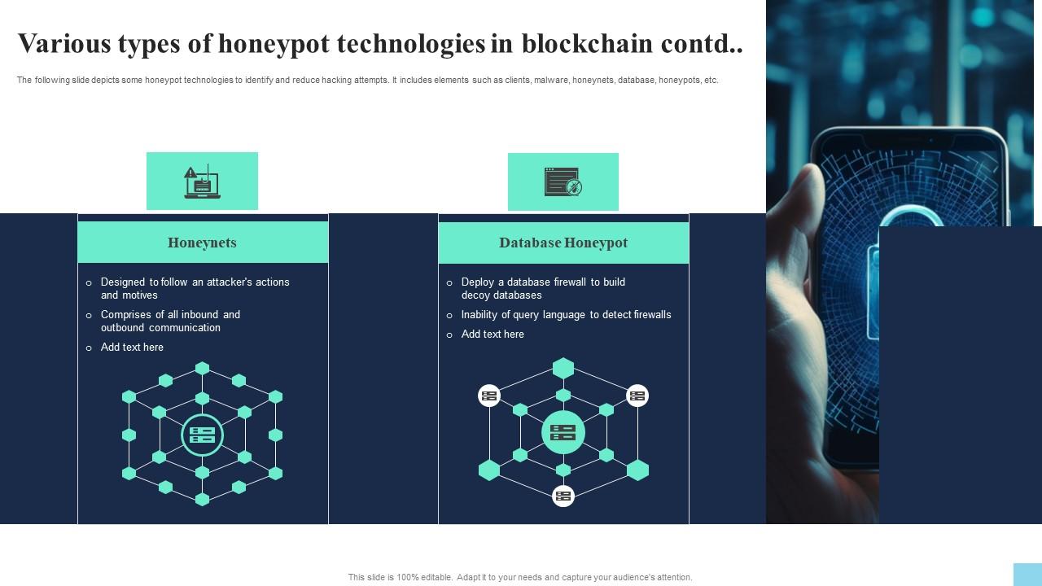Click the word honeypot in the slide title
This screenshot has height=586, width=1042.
(x=273, y=44)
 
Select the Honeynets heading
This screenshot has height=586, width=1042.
(x=202, y=243)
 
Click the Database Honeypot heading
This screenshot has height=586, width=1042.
(x=563, y=243)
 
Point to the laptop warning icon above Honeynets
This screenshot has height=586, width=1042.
(x=202, y=181)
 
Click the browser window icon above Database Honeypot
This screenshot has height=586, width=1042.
(x=563, y=182)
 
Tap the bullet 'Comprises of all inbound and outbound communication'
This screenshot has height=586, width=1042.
(x=169, y=321)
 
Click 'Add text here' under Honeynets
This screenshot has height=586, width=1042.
(x=132, y=348)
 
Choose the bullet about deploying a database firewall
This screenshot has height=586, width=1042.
(x=542, y=288)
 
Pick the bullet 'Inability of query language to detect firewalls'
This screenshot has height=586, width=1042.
(x=566, y=315)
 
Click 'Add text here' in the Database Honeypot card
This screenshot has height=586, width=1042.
(x=493, y=335)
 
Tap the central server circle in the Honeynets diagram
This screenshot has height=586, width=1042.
(x=202, y=435)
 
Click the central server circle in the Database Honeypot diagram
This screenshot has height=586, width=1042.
(x=563, y=432)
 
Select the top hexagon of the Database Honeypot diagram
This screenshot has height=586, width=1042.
(x=563, y=369)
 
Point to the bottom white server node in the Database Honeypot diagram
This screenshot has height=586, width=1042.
(x=563, y=496)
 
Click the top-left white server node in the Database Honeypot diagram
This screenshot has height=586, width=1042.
(x=489, y=396)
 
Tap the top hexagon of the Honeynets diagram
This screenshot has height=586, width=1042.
(x=202, y=369)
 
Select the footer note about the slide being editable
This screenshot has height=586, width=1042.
(x=520, y=577)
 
